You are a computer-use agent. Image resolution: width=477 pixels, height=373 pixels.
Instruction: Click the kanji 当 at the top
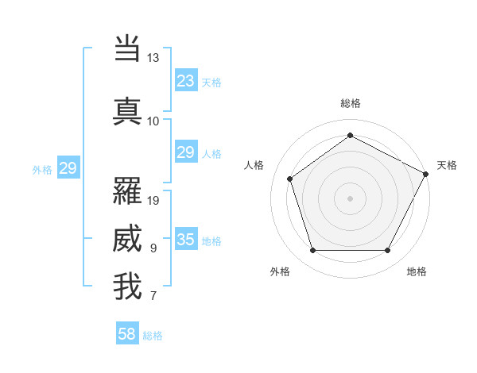click(x=127, y=48)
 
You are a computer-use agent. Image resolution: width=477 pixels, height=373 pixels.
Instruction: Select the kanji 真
click(x=127, y=111)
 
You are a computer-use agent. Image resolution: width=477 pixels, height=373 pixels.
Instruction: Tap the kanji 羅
click(x=127, y=190)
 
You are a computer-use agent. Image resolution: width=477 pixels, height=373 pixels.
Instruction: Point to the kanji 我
click(x=127, y=286)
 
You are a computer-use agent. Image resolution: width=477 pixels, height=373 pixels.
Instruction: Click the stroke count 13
click(x=153, y=58)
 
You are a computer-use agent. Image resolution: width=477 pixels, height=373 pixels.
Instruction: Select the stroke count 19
click(x=153, y=200)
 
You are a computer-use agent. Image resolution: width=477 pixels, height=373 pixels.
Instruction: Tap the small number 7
click(x=153, y=297)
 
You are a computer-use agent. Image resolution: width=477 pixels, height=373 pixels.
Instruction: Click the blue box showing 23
click(x=185, y=81)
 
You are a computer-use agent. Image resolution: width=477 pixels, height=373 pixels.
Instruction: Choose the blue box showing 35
click(x=185, y=240)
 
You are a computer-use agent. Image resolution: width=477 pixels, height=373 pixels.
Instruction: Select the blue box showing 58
click(x=127, y=335)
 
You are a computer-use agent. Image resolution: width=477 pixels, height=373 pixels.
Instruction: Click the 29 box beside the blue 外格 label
click(x=68, y=168)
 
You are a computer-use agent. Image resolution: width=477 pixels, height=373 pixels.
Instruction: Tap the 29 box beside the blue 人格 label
click(x=185, y=153)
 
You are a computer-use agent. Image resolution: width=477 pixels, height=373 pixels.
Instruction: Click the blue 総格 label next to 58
click(x=153, y=336)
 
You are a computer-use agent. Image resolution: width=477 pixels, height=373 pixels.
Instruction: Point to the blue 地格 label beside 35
click(x=211, y=241)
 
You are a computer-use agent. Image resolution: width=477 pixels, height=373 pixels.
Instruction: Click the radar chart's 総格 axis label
click(x=350, y=103)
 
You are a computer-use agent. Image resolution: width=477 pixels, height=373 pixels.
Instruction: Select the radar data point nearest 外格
click(x=312, y=251)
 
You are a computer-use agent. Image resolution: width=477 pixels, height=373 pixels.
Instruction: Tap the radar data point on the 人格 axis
click(x=290, y=179)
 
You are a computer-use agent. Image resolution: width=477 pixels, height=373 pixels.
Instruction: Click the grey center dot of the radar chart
click(x=350, y=198)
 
